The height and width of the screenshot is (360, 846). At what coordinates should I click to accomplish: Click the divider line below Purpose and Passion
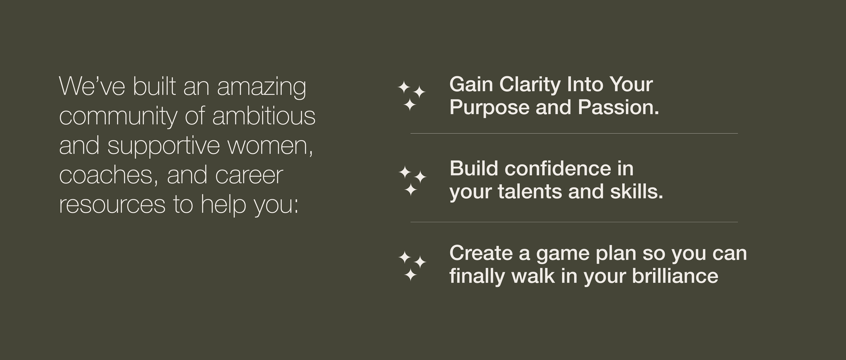pyautogui.click(x=574, y=133)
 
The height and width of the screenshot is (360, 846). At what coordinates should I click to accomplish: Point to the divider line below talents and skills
pyautogui.click(x=574, y=222)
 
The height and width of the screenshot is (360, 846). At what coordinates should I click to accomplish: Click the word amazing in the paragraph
pyautogui.click(x=261, y=88)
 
